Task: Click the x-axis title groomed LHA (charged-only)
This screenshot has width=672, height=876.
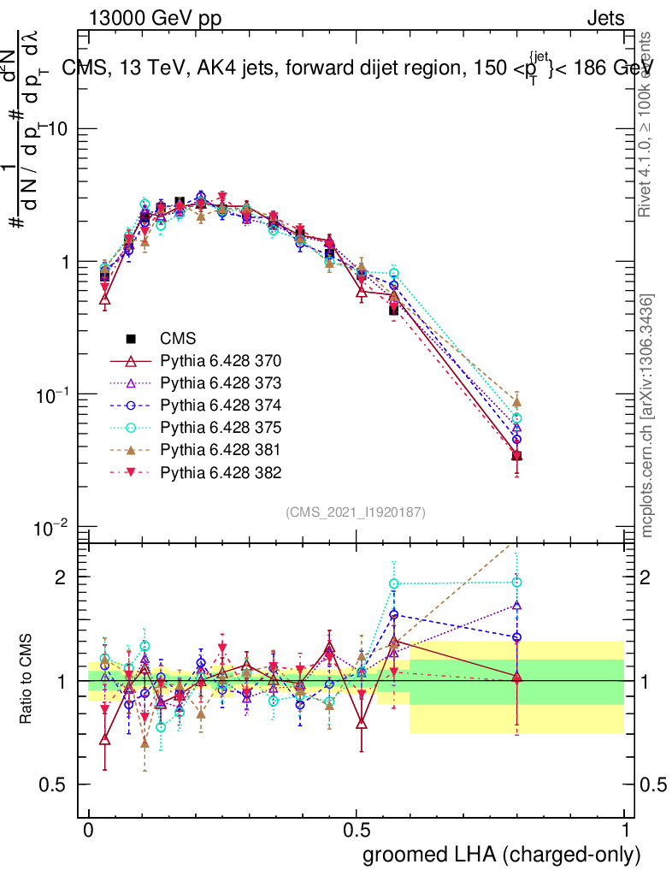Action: point(502,855)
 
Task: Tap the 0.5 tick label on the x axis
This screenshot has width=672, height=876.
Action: point(356,831)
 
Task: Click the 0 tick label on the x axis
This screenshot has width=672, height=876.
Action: point(88,831)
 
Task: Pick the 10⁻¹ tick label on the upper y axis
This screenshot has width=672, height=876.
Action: point(55,394)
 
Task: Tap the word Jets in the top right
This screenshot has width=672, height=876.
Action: point(605,18)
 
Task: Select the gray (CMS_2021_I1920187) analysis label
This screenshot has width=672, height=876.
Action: point(356,512)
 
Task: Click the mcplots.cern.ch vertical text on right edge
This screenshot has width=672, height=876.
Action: point(649,416)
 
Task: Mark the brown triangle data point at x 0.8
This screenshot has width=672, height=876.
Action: point(516,402)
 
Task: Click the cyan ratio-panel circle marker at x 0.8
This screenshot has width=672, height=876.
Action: point(516,583)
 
